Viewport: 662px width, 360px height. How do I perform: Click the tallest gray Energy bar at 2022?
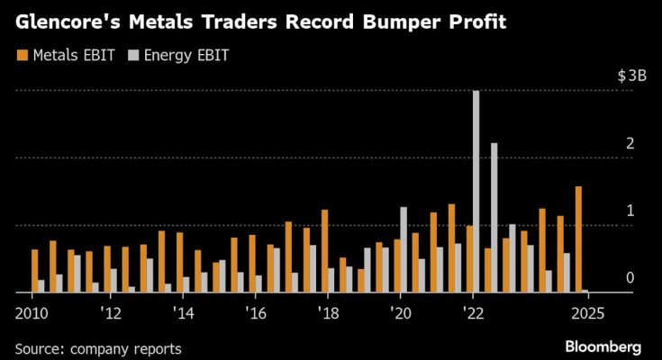coord(476,191)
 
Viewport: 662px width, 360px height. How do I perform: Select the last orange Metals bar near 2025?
coord(577,239)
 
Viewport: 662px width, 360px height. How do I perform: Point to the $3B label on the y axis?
coord(631,76)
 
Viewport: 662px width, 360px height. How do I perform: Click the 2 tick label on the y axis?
coord(630,144)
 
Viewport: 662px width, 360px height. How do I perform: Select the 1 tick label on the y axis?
coord(630,211)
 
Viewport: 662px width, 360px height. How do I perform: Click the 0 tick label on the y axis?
coord(630,278)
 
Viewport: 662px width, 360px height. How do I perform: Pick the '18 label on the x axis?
coord(327,313)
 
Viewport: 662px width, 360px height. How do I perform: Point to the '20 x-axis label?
coord(401,313)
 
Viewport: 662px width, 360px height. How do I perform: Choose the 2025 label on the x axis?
coord(585,313)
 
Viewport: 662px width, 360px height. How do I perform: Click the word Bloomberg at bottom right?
coord(603,346)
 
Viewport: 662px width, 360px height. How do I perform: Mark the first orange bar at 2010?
coord(34,271)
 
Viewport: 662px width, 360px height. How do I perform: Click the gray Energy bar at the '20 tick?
coord(403,249)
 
